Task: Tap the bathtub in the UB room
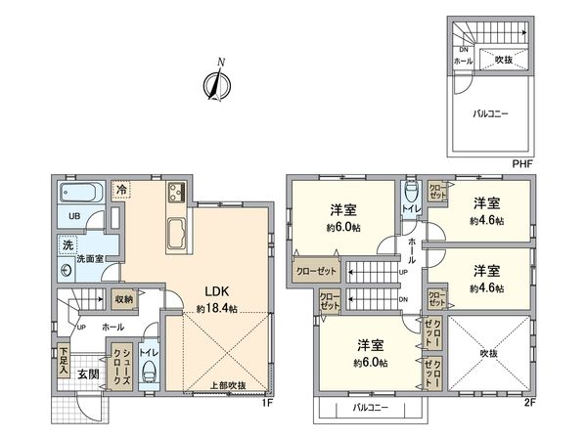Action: [x=81, y=193]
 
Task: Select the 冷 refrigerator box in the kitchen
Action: [x=121, y=191]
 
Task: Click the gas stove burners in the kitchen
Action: [x=176, y=192]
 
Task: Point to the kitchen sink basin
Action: [x=177, y=234]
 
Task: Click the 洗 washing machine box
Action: [x=68, y=245]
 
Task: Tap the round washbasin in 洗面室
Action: [x=67, y=271]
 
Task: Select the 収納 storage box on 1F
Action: [x=124, y=299]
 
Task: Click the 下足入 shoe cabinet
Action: [x=64, y=361]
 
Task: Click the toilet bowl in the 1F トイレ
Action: [x=150, y=374]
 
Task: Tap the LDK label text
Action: [x=216, y=291]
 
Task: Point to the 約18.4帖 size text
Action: [x=217, y=308]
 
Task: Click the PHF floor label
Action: [x=522, y=163]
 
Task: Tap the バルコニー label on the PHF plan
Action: [x=490, y=113]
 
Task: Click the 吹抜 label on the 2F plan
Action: [x=488, y=353]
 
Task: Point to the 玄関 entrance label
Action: [x=88, y=374]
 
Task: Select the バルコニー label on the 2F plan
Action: [x=371, y=408]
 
